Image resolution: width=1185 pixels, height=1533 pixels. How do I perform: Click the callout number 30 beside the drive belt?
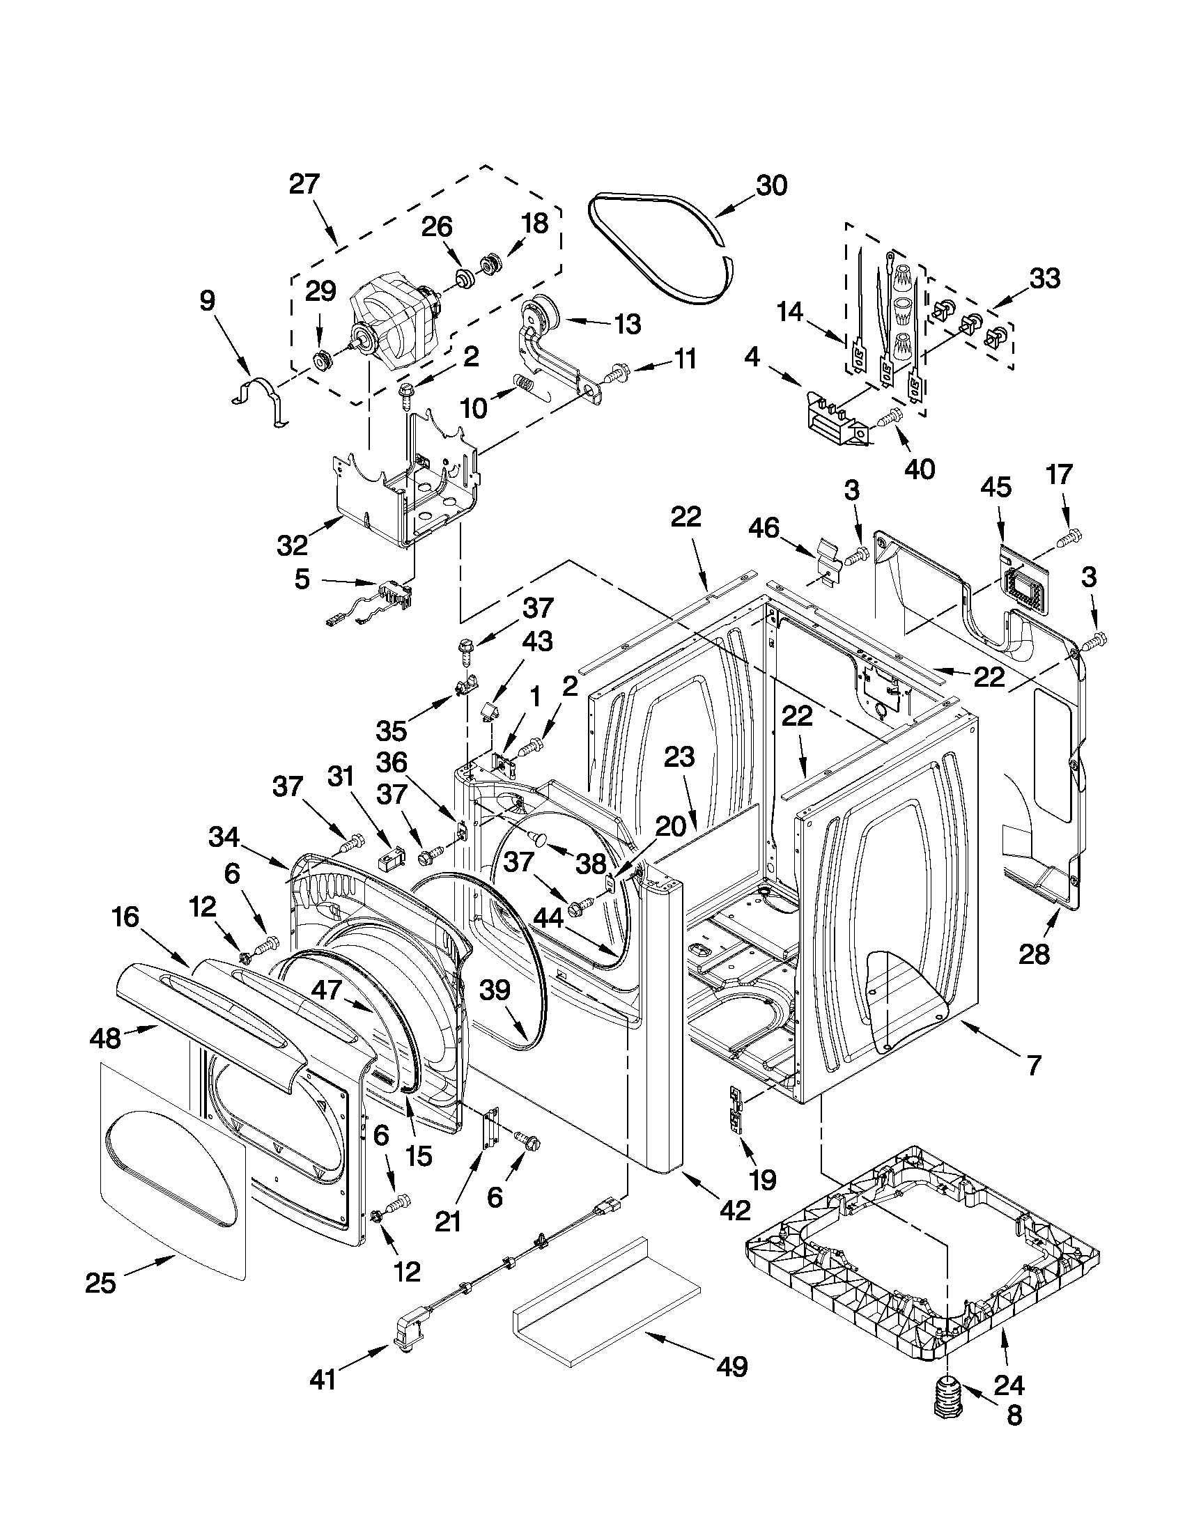pos(771,186)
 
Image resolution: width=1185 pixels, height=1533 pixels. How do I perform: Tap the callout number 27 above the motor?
pos(304,185)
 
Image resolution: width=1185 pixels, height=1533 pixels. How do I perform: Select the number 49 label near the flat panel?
pos(732,1366)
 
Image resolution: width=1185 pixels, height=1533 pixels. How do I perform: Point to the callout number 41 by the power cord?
pos(323,1380)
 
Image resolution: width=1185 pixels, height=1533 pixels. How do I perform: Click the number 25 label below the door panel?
pos(100,1283)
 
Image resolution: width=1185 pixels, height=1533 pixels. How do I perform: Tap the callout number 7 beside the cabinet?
pos(1033,1066)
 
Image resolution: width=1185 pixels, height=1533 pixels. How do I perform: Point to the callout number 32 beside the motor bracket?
pos(292,544)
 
